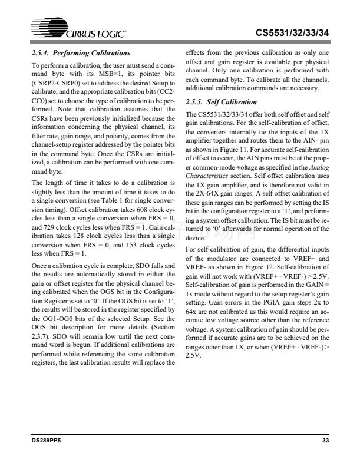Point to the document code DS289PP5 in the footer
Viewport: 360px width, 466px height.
[46, 440]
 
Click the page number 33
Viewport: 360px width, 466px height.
[326, 440]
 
